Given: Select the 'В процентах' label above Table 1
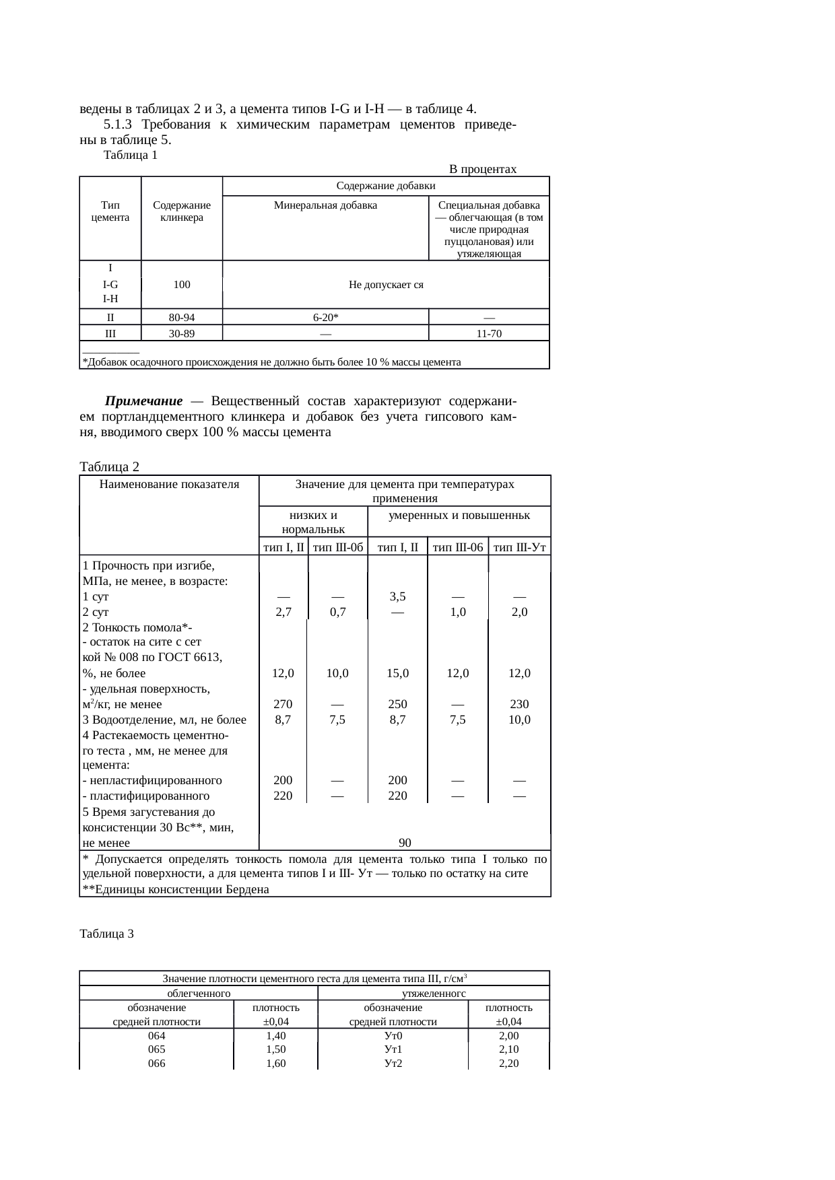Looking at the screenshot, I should coord(482,169).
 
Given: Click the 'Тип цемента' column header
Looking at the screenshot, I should coord(110,211).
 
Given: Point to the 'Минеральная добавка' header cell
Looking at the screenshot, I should coord(325,205).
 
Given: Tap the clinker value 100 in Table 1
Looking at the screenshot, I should coord(181,285).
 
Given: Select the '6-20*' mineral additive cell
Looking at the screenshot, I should coord(325,317).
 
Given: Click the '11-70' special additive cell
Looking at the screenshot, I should coord(489,333).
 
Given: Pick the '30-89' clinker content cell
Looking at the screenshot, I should coord(181,333).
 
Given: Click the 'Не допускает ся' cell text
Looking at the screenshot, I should coord(386,285).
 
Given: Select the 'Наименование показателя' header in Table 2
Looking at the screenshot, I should coord(169,484).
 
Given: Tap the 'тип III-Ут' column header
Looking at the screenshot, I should coord(519,547).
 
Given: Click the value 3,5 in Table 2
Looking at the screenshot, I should coord(397,596).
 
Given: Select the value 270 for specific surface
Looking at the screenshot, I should coord(283,704).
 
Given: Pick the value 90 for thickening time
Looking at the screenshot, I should coord(405,843).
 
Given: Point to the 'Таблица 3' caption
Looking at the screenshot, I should coord(106,934).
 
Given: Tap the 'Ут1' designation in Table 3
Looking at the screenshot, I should coord(393,1049).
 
